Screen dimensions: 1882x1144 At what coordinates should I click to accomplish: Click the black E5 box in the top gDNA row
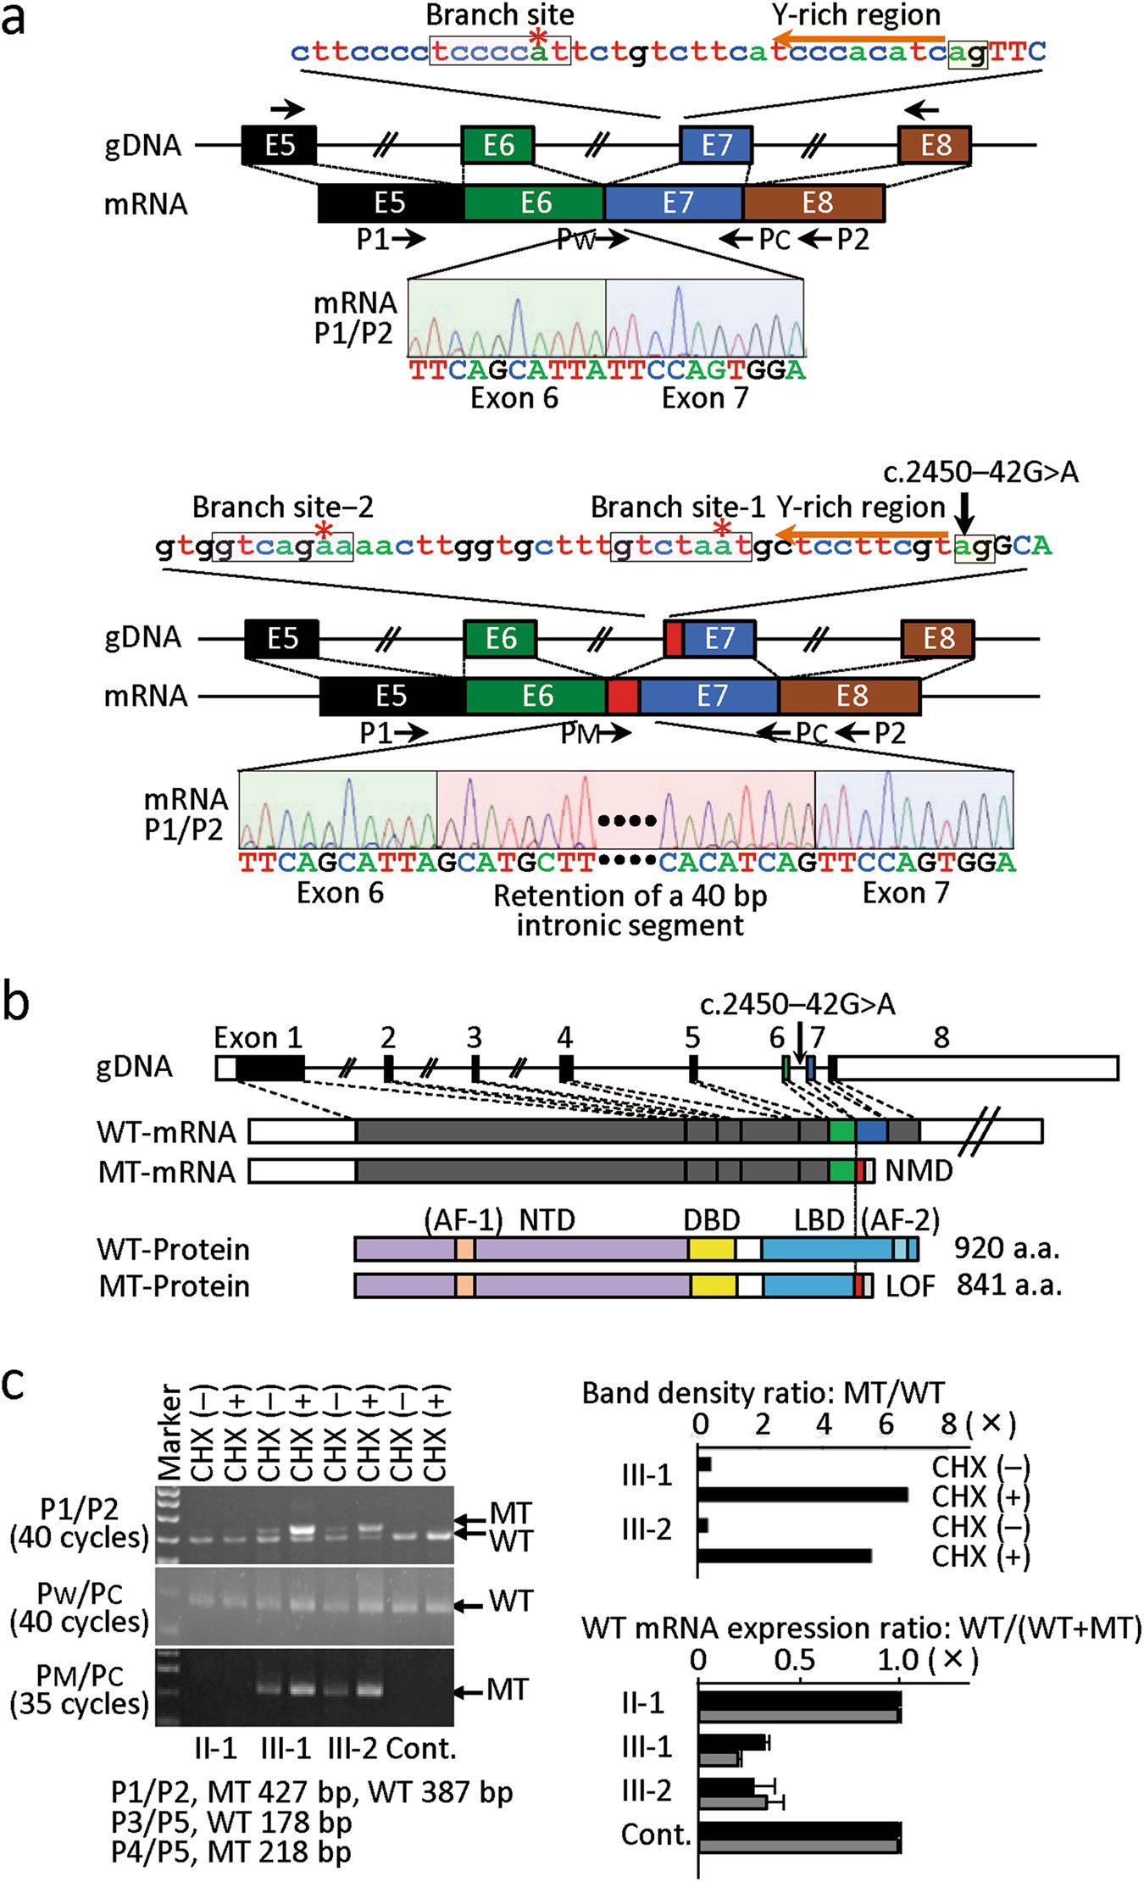pyautogui.click(x=280, y=145)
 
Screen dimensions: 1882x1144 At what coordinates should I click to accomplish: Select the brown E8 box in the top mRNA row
pyautogui.click(x=814, y=203)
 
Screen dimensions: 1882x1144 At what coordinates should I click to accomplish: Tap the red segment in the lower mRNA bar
pyautogui.click(x=623, y=697)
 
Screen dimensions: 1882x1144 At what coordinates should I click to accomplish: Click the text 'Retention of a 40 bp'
pyautogui.click(x=630, y=896)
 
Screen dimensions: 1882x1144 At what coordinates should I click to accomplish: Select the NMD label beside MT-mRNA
pyautogui.click(x=919, y=1171)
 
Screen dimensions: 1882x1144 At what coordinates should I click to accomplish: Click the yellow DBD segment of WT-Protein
pyautogui.click(x=711, y=1249)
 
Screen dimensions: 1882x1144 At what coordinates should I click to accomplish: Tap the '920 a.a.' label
pyautogui.click(x=1007, y=1248)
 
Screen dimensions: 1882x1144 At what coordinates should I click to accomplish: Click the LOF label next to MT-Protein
pyautogui.click(x=910, y=1286)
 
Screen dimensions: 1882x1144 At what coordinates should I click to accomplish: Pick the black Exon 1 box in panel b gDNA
pyautogui.click(x=269, y=1068)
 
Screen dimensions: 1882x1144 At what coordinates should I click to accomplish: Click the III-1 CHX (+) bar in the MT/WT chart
pyautogui.click(x=802, y=1495)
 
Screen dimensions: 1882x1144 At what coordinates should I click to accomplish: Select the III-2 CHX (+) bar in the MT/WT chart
pyautogui.click(x=785, y=1556)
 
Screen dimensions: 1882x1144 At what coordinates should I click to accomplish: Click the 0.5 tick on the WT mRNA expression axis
pyautogui.click(x=794, y=1659)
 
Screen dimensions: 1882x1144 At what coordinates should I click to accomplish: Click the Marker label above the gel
pyautogui.click(x=169, y=1431)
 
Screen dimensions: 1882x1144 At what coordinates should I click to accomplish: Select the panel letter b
pyautogui.click(x=16, y=1002)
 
